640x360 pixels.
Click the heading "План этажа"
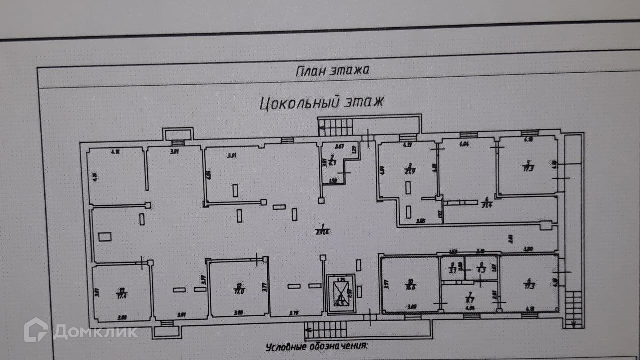[332, 70]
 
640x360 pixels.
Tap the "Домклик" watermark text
[95, 332]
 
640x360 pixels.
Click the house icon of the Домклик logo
[36, 330]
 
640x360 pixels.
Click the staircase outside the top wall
[335, 127]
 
